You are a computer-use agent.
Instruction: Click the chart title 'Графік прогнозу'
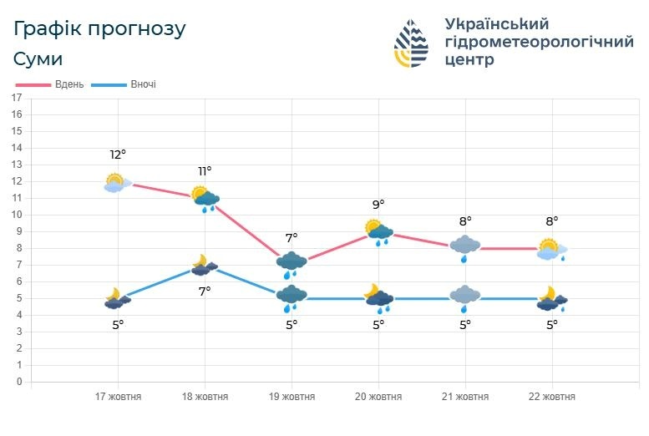[99, 29]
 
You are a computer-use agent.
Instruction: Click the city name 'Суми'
[38, 59]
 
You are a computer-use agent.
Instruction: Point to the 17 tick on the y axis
[16, 98]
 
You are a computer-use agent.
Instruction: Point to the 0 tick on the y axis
[18, 382]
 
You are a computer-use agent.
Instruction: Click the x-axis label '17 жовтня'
[118, 397]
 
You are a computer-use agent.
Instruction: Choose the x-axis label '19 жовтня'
[292, 397]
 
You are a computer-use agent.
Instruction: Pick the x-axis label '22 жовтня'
[552, 397]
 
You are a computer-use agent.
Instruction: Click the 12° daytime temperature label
[118, 155]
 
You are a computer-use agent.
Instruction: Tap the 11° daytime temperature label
[205, 171]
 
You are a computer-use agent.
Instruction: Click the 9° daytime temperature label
[378, 205]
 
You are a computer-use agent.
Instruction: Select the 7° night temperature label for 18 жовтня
[205, 291]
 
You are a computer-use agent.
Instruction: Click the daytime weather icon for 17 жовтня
[115, 183]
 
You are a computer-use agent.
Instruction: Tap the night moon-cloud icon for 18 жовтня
[204, 266]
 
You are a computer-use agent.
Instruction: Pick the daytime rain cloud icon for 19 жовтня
[292, 264]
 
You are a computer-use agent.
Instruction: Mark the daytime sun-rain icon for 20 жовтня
[378, 231]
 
